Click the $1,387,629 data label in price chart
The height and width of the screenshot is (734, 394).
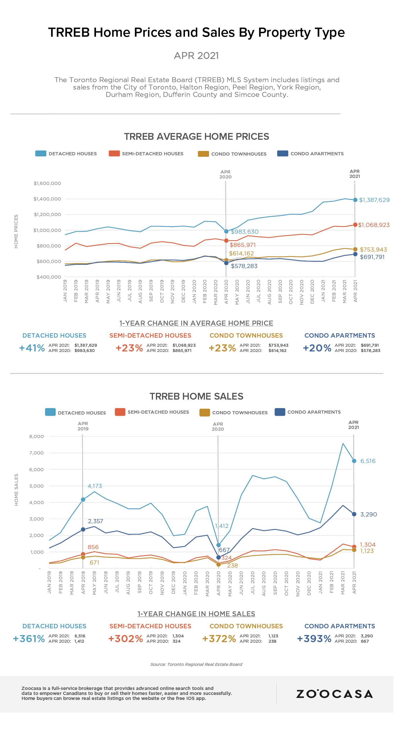(x=374, y=200)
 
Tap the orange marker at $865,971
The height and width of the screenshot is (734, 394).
(x=226, y=240)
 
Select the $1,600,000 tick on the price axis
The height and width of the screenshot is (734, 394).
(x=47, y=183)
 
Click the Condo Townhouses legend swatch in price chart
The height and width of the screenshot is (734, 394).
(x=203, y=154)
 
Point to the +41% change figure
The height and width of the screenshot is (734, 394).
(x=32, y=348)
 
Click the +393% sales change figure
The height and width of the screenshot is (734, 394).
(x=314, y=639)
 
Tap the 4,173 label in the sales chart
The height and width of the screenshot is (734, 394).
(x=95, y=486)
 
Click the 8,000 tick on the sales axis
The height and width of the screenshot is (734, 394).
(x=36, y=436)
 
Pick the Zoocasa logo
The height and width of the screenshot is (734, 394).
(x=334, y=694)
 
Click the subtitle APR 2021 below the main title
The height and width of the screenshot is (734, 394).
(x=196, y=55)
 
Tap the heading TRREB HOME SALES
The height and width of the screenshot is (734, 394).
(x=196, y=396)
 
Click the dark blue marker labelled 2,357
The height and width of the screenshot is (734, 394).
(x=83, y=529)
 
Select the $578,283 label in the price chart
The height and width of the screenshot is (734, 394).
(x=244, y=266)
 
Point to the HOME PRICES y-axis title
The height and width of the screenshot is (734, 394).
(x=16, y=231)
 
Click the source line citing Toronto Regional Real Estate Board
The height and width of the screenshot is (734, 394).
(x=196, y=664)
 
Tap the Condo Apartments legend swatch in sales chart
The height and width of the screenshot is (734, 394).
(x=280, y=412)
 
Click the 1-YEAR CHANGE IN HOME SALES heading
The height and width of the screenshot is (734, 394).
(x=196, y=614)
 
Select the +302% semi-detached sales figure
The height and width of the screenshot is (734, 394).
(x=125, y=639)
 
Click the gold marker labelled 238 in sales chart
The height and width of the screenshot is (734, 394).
(x=218, y=564)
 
